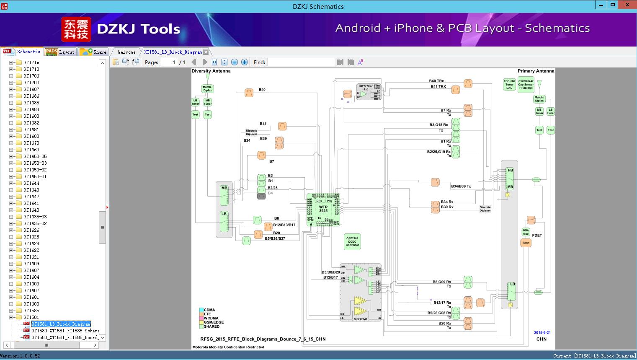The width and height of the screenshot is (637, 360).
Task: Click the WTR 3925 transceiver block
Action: (323, 209)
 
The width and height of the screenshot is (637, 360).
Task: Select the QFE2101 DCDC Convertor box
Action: (352, 242)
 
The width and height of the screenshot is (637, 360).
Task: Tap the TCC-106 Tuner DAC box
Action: (509, 85)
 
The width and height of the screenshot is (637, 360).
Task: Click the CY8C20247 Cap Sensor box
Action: (526, 85)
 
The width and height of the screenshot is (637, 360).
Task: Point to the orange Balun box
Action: (526, 243)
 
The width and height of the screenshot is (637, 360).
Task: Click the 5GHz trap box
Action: (526, 232)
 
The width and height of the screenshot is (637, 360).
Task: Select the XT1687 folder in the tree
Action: (31, 89)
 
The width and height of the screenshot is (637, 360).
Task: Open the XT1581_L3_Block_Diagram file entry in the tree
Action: (61, 324)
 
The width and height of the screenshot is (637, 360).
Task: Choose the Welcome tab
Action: (126, 52)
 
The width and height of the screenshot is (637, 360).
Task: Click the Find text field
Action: (301, 62)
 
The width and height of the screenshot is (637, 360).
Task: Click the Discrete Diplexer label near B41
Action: (251, 132)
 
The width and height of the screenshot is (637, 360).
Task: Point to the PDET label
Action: (537, 236)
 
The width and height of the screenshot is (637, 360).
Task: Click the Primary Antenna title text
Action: (536, 71)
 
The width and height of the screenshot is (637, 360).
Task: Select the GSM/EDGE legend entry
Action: (214, 322)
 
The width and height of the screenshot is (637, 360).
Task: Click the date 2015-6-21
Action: (542, 332)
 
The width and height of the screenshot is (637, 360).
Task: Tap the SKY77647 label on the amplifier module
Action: (360, 319)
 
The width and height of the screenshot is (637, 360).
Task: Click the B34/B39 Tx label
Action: (461, 186)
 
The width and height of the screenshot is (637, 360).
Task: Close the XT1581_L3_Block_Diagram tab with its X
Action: (206, 52)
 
